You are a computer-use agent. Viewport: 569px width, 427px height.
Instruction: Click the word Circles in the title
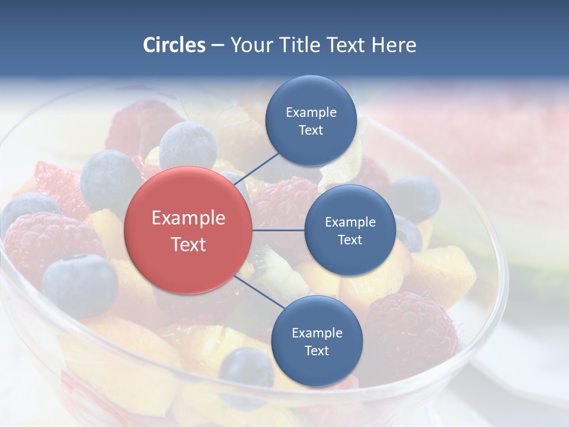tap(174, 45)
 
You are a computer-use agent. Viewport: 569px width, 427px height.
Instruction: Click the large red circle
tap(188, 230)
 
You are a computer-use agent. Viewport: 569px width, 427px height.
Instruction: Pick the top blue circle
tap(311, 120)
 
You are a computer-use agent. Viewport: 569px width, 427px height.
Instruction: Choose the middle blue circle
tap(350, 230)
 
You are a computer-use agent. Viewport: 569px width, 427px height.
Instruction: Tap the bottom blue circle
tap(317, 341)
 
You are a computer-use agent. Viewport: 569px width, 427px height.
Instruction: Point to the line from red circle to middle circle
tap(279, 230)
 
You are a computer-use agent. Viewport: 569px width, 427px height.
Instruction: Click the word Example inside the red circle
tap(188, 218)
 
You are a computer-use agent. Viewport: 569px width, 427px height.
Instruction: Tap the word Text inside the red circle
tap(188, 244)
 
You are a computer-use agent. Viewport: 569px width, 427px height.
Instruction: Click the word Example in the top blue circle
tap(311, 112)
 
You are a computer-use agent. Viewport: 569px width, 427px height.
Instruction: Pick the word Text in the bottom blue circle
tap(317, 350)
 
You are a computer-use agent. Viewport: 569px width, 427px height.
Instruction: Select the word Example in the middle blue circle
tap(350, 222)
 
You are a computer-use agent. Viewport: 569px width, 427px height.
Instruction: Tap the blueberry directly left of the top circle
tap(188, 145)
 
